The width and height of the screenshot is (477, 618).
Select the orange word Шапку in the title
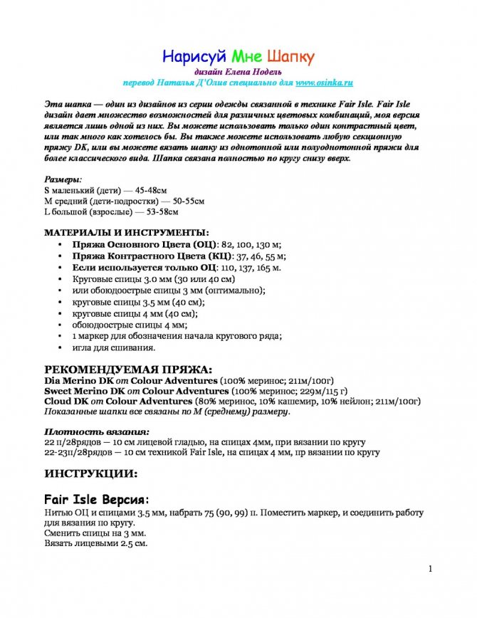[290, 56]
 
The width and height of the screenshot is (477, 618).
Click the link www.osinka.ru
[325, 83]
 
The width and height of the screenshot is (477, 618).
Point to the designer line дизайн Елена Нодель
[238, 72]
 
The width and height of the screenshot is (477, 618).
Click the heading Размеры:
[63, 180]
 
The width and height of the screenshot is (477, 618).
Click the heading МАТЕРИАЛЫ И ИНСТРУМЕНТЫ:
[127, 233]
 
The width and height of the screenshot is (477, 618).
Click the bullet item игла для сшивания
[113, 348]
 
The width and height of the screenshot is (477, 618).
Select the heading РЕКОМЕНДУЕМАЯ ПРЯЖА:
[128, 370]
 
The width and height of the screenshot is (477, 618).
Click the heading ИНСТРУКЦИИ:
[91, 473]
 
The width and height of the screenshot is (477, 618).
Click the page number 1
[431, 569]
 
